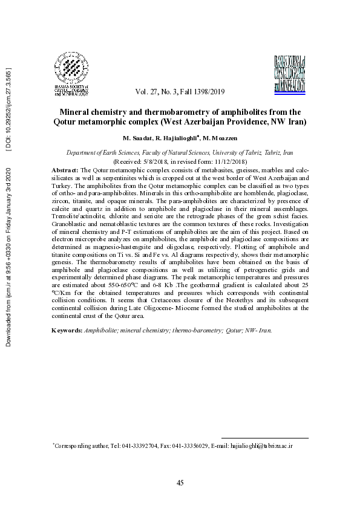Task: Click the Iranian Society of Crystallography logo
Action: click(x=72, y=74)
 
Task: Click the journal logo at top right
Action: click(x=290, y=73)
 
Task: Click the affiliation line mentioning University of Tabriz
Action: click(x=180, y=154)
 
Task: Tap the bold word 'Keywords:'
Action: click(x=67, y=330)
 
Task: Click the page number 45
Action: click(x=180, y=482)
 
